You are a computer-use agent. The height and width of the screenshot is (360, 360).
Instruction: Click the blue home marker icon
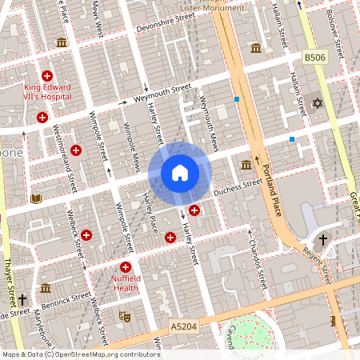pyautogui.click(x=180, y=173)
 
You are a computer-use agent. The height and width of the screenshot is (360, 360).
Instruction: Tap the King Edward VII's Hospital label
pyautogui.click(x=46, y=94)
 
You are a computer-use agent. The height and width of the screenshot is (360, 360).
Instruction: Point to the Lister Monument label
pyautogui.click(x=212, y=7)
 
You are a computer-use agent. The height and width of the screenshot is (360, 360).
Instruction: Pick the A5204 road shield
pyautogui.click(x=183, y=326)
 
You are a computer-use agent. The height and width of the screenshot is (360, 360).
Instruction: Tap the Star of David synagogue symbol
pyautogui.click(x=316, y=103)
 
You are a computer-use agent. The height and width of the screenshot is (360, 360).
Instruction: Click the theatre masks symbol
pyautogui.click(x=123, y=316)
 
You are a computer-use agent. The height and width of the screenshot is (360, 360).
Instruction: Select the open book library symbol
pyautogui.click(x=35, y=198)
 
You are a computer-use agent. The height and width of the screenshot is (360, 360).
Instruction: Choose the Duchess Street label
pyautogui.click(x=238, y=189)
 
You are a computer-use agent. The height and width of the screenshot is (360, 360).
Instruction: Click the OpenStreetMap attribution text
pyautogui.click(x=80, y=354)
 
